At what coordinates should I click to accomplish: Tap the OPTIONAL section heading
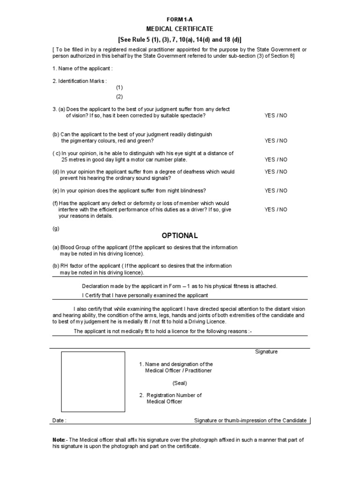coord(180,235)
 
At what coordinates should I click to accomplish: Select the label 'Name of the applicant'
coord(82,69)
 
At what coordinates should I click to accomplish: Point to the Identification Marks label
coord(80,81)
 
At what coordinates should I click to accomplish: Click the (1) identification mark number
coord(120,88)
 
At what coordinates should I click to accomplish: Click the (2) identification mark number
coord(120,97)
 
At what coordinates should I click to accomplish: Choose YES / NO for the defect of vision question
coord(276,115)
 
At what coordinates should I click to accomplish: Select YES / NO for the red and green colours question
coord(276,141)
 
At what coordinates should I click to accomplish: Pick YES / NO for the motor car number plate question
coord(276,159)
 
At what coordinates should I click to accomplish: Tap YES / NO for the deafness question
coord(276,172)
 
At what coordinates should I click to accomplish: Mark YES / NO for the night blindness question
coord(276,191)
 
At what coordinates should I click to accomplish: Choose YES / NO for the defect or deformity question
coord(276,210)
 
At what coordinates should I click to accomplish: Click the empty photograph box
coord(93,382)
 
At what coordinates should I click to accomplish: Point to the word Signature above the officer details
coord(266,352)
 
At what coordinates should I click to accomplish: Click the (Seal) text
coord(180,383)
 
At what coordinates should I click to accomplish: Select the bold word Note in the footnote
coord(58,440)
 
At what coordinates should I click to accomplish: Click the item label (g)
coord(56,229)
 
